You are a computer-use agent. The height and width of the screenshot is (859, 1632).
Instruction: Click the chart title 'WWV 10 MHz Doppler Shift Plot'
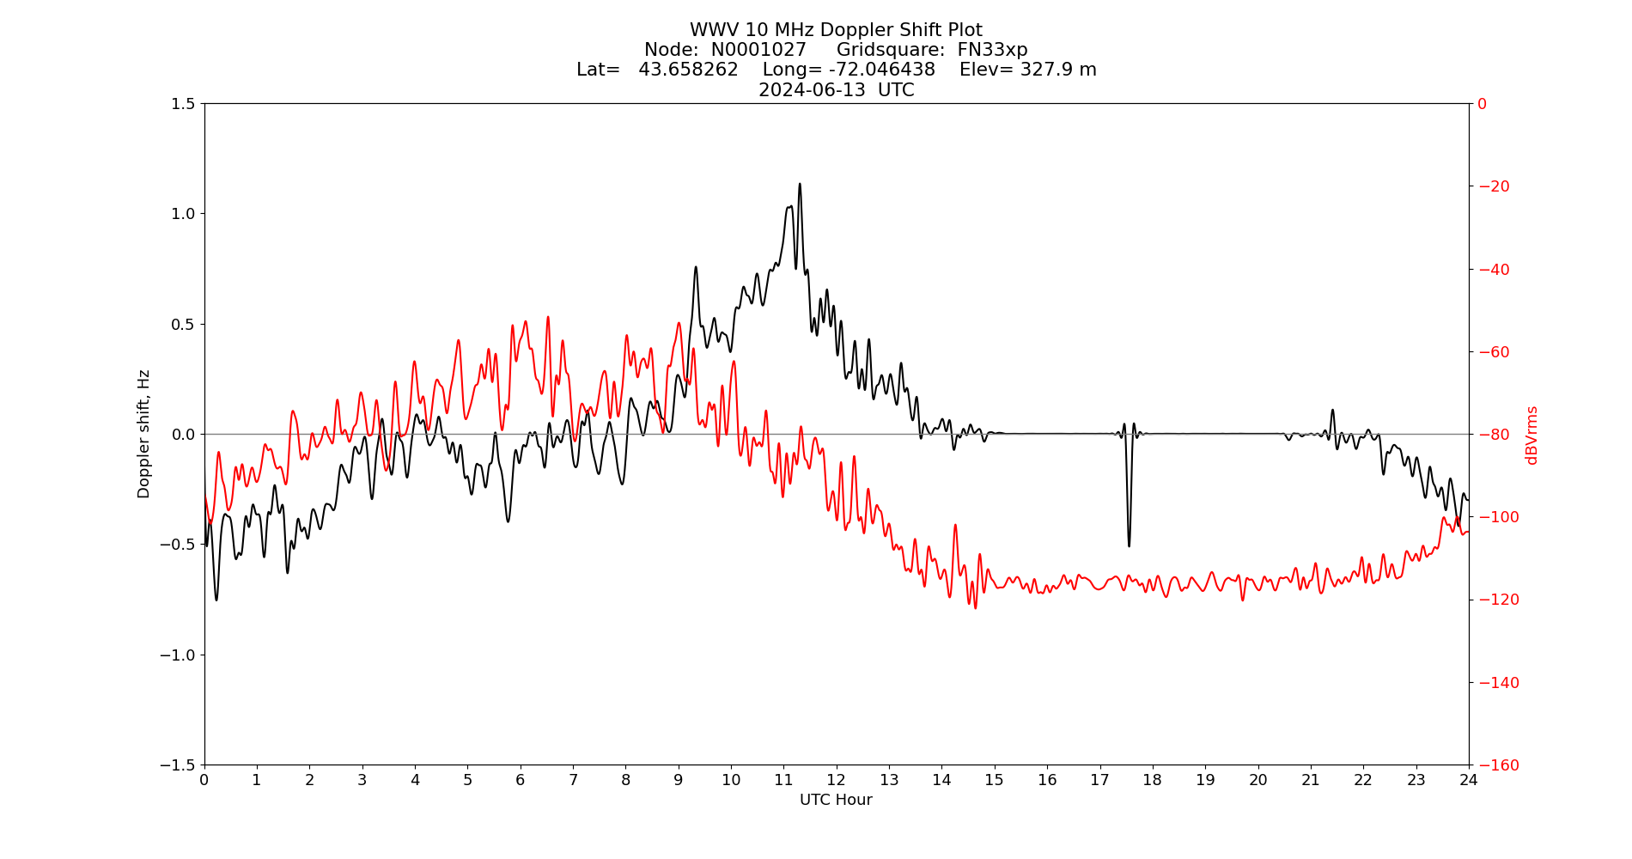(x=836, y=31)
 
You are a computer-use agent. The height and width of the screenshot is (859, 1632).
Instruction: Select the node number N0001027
(x=758, y=50)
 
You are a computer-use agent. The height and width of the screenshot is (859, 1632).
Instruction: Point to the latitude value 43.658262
(x=688, y=70)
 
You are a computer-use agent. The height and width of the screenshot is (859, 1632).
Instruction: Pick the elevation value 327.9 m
(x=1058, y=70)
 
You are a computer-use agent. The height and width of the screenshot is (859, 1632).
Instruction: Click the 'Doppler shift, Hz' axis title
(x=144, y=434)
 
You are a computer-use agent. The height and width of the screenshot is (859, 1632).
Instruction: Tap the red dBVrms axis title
(x=1531, y=435)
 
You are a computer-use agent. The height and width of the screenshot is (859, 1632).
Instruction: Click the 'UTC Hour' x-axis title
(x=836, y=800)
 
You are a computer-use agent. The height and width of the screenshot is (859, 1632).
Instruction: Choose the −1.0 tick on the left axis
(x=180, y=655)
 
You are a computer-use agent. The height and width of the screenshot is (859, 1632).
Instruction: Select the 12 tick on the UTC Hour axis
(x=836, y=780)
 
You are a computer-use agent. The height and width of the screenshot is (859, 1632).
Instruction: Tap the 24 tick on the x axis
(x=1469, y=780)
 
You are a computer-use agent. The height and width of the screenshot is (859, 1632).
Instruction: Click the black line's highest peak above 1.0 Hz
(x=800, y=184)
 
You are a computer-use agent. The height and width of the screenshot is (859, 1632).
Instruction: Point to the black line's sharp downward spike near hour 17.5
(x=1129, y=545)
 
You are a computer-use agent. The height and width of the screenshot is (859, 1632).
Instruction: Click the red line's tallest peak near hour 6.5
(x=547, y=317)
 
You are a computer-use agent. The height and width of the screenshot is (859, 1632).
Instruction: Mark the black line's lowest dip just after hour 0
(x=216, y=600)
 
